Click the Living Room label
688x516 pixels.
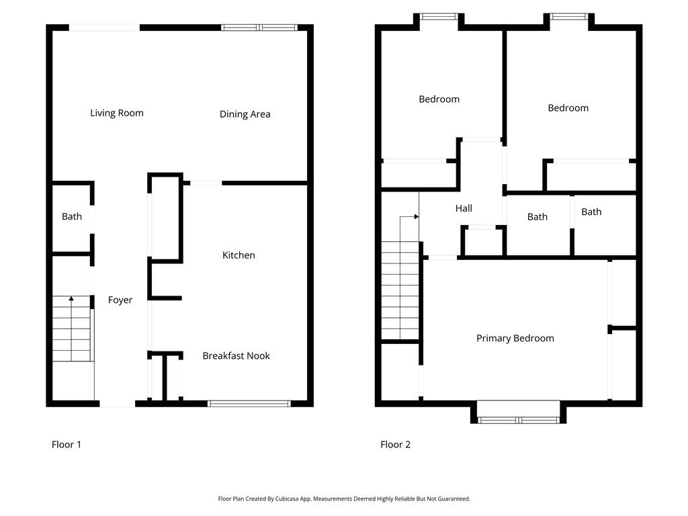point(117,113)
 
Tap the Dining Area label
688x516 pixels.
point(245,114)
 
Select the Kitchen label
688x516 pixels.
point(239,255)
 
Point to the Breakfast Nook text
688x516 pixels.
point(236,355)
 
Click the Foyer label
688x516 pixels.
point(120,300)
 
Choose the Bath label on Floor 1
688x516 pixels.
point(72,216)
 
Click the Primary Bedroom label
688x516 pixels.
point(515,338)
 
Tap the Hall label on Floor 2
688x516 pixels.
point(464,208)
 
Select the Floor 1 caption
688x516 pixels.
point(67,444)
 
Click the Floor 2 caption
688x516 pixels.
point(395,444)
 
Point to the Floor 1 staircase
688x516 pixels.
point(71,329)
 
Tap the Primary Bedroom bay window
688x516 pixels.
point(518,420)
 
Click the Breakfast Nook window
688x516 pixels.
point(249,403)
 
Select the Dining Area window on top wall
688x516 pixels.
point(259,28)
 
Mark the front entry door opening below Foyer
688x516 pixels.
point(117,404)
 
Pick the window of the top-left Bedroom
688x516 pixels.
point(439,16)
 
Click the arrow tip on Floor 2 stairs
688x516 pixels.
point(417,217)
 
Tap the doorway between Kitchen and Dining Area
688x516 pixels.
point(206,183)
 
